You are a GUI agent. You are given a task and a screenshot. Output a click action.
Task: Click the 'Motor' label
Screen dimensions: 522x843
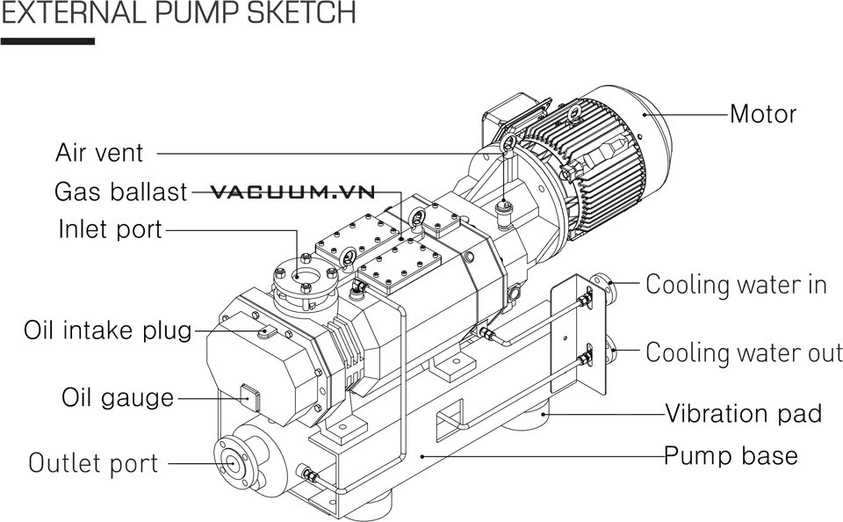pos(763,114)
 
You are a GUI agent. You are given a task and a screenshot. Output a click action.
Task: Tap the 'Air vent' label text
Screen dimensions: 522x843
pos(99,153)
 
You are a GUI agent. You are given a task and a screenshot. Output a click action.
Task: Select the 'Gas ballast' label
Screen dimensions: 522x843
pos(120,192)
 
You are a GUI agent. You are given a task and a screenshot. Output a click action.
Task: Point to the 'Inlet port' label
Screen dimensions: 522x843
pos(110,229)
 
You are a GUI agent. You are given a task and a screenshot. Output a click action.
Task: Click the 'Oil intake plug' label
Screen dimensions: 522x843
pos(107,330)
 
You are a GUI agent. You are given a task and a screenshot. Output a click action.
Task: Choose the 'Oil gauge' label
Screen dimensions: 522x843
pos(118,397)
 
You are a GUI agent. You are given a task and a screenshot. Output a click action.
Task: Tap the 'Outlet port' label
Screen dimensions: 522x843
pos(93,463)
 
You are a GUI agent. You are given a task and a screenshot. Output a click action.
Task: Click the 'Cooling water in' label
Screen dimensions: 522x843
pos(736,285)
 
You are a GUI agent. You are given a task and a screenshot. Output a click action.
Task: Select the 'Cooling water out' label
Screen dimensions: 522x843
pos(744,352)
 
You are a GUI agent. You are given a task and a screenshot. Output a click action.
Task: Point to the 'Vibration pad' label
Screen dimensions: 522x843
pos(743,413)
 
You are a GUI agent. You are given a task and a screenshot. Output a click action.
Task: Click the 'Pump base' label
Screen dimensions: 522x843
pos(731,456)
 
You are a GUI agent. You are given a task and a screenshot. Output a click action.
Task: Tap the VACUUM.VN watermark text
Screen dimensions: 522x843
pos(293,192)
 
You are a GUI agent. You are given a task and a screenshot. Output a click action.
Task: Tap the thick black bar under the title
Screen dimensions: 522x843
pos(47,40)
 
